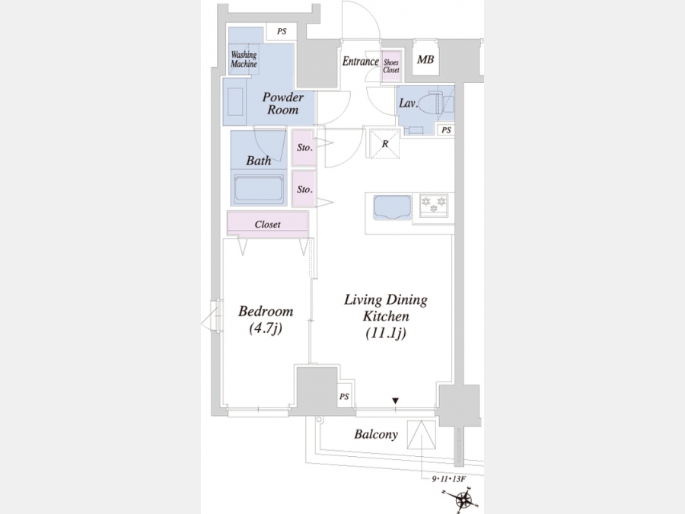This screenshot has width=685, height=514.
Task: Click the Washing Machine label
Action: [x=244, y=59]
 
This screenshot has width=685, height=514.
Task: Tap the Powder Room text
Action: [x=282, y=104]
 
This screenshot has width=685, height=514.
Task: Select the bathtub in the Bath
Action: [x=258, y=190]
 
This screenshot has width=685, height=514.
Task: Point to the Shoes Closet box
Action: [x=391, y=66]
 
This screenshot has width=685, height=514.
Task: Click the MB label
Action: [x=425, y=59]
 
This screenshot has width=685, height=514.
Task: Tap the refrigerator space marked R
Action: [x=384, y=143]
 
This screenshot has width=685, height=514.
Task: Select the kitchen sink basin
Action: [x=392, y=206]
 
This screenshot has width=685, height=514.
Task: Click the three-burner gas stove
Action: [x=433, y=205]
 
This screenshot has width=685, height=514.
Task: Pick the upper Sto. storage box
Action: [x=304, y=148]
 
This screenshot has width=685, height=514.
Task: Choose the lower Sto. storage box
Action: [x=304, y=188]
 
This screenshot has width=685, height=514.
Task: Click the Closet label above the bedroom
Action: [x=267, y=224]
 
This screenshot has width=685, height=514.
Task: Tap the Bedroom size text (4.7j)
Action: [x=266, y=327]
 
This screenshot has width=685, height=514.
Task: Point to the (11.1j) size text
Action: [x=386, y=333]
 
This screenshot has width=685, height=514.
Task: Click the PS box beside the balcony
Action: [x=344, y=396]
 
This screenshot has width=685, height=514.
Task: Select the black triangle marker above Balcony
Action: [x=395, y=401]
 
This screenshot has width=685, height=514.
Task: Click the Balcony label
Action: [x=376, y=435]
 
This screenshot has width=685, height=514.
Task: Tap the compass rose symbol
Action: [x=462, y=499]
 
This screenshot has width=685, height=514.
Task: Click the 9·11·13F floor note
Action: [x=448, y=479]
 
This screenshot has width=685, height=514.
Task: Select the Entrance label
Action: [x=361, y=61]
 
